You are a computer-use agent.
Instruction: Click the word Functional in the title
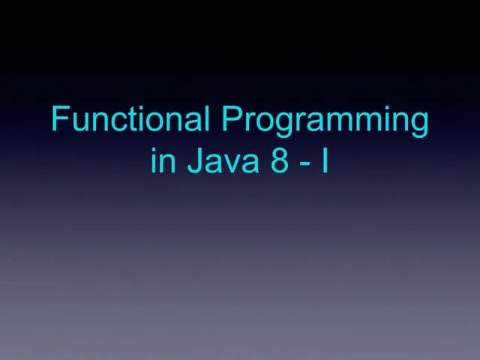[130, 120]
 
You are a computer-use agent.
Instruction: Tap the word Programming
[325, 121]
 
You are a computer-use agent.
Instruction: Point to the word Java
[218, 161]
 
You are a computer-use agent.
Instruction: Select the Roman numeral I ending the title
[324, 161]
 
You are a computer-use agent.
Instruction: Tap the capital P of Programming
[229, 120]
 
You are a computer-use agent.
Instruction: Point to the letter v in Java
[231, 164]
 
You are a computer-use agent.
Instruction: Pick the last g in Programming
[418, 126]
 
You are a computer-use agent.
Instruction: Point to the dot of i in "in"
[154, 150]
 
